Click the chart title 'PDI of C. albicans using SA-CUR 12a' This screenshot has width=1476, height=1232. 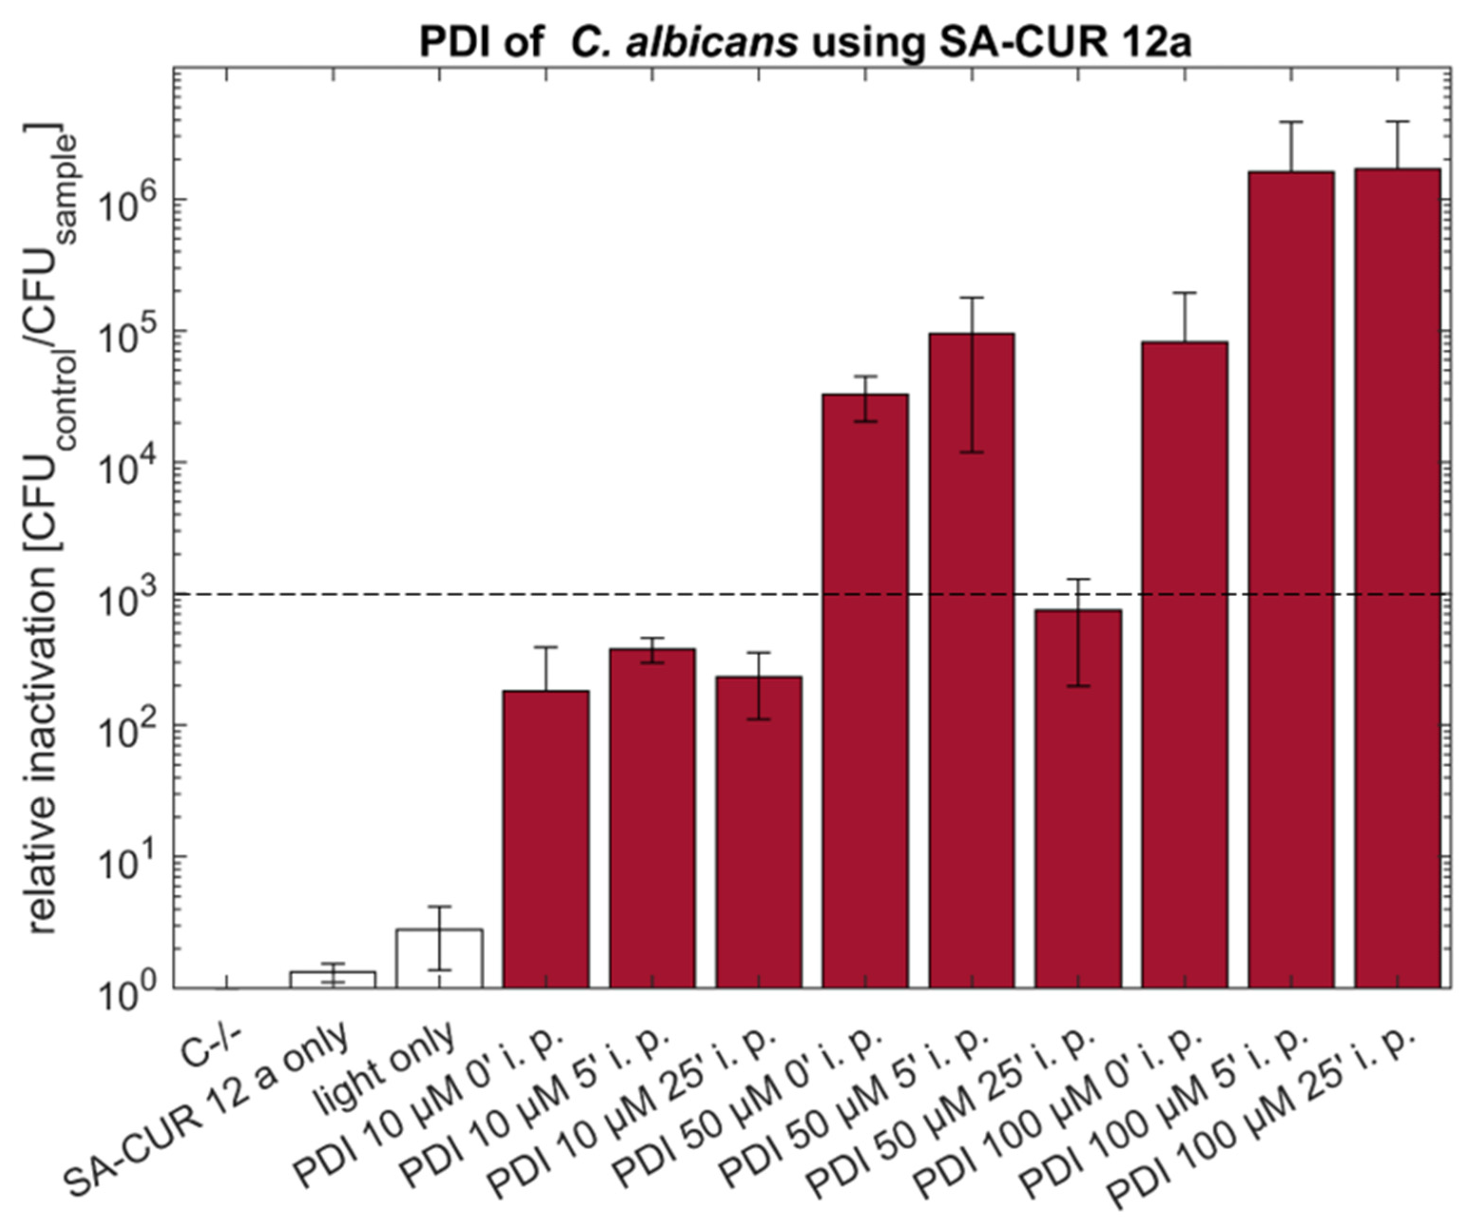pos(805,42)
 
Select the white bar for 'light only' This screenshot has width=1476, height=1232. pos(439,959)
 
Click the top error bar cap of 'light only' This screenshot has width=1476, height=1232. pos(439,907)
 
